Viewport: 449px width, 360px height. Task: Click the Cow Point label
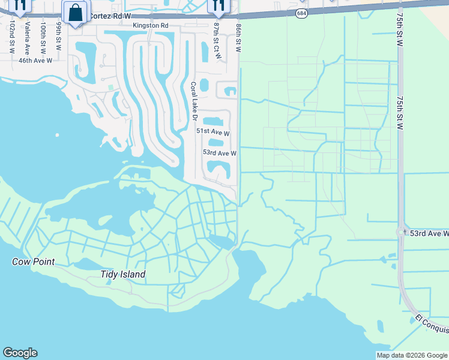[34, 262]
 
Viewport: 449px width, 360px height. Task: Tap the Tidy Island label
[122, 274]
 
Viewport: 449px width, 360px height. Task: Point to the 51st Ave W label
[213, 131]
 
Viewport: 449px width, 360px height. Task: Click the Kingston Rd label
[151, 26]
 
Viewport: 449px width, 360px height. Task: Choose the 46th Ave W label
[35, 61]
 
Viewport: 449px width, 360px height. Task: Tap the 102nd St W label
[11, 37]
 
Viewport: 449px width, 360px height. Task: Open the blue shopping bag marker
[75, 12]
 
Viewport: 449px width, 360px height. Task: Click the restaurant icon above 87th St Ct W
[217, 6]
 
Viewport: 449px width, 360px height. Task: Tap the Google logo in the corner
[20, 353]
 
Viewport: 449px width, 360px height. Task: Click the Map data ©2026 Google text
[412, 355]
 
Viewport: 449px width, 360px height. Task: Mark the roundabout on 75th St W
[400, 232]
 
